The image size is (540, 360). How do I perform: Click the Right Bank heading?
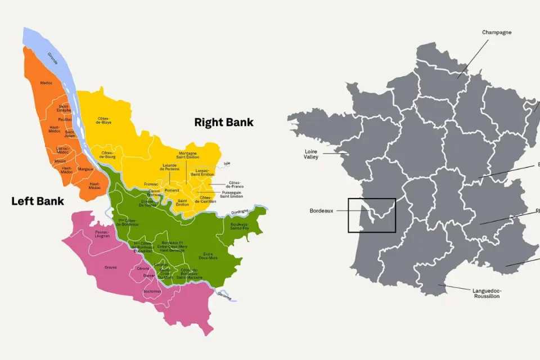click(x=224, y=122)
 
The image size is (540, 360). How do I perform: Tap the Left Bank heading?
click(x=38, y=201)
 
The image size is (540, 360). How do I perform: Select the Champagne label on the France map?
click(x=497, y=33)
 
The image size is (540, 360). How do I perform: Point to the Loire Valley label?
click(x=311, y=154)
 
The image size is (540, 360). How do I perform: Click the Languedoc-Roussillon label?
click(x=487, y=292)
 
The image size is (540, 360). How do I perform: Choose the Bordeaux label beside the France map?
click(x=321, y=211)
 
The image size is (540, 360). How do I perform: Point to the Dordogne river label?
click(x=240, y=212)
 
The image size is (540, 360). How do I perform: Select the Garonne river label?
click(x=224, y=295)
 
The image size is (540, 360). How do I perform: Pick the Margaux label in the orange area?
click(x=85, y=169)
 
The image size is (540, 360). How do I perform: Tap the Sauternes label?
click(x=152, y=291)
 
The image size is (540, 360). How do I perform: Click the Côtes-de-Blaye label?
click(x=103, y=120)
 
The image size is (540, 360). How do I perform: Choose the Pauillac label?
click(x=65, y=119)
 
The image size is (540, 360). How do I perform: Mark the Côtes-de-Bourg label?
click(x=108, y=154)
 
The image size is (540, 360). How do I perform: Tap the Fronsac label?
click(x=151, y=184)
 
